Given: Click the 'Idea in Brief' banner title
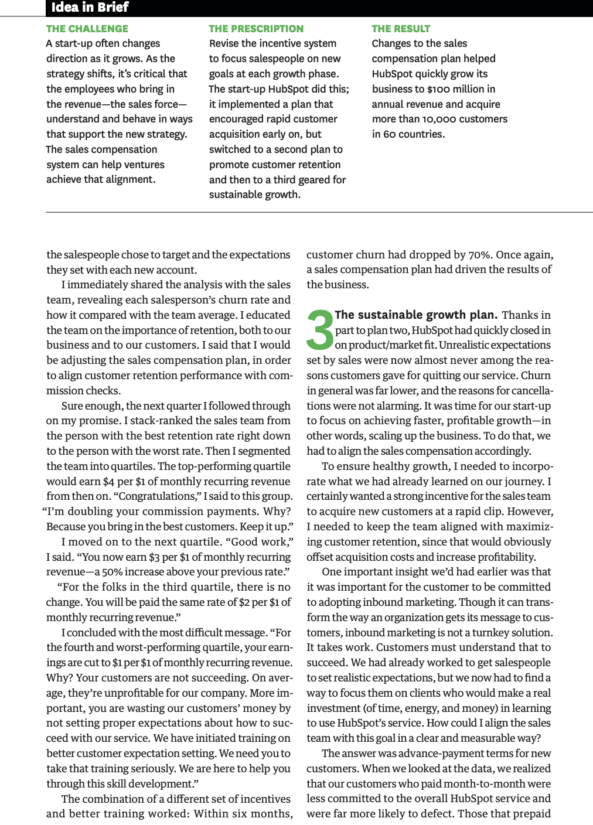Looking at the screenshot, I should pos(90,8).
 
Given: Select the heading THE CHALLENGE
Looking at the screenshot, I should pos(87,29).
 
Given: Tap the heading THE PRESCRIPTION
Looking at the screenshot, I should pos(256,29).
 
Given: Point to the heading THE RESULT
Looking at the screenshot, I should pos(401,29).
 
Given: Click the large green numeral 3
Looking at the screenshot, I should pos(320,330).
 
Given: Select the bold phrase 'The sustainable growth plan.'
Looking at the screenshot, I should pos(415,315).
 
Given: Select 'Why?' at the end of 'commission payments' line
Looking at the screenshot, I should pos(277,512).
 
